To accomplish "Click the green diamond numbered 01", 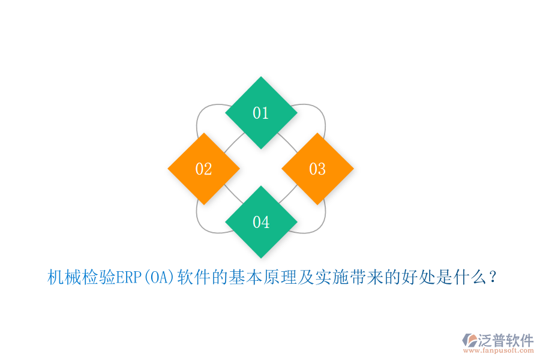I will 261,113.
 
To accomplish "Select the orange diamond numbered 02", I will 204,169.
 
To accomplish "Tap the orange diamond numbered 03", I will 317,169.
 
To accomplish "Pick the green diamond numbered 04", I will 261,222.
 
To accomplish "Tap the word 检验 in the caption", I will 98,277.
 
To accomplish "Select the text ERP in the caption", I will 128,277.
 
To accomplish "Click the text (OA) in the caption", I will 158,277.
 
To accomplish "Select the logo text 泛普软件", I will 506,340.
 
